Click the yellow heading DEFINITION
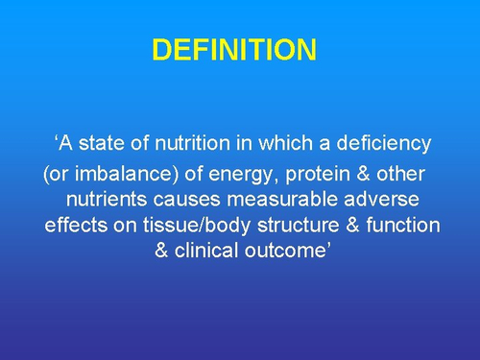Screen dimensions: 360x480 [233, 49]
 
